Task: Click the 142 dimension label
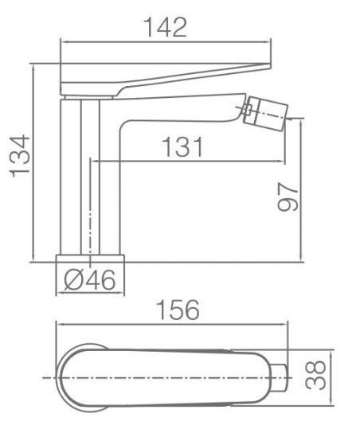coord(165,27)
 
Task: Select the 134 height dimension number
coord(20,157)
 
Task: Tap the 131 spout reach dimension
coord(182,147)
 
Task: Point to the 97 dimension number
coord(288,197)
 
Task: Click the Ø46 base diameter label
coord(90,280)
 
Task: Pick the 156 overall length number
coord(178,310)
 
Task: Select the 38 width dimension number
coord(315,375)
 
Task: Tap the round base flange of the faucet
coord(90,259)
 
